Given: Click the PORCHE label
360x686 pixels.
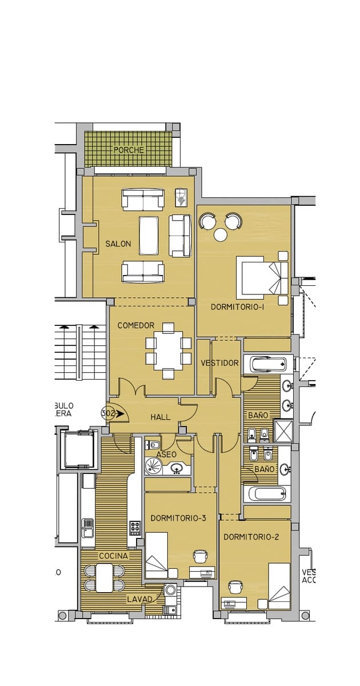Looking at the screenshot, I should point(129,150).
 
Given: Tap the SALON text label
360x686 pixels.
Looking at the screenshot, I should point(118,244).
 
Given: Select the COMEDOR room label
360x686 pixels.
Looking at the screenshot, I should point(135,325).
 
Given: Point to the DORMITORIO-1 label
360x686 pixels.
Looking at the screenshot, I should point(237,307).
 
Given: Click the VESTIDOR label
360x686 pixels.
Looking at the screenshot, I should point(219,363).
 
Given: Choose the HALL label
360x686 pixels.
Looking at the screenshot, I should point(160,417).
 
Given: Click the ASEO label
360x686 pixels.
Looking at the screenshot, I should point(166,454).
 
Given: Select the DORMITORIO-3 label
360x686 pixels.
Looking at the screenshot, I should point(178,518).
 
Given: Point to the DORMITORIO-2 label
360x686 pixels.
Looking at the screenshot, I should point(251,537).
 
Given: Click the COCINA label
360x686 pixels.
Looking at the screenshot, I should point(113,556).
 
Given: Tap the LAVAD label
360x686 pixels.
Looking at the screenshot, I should point(140,599).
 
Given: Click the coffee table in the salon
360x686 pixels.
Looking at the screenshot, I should point(150,235).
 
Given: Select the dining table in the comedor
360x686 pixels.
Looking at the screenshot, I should point(168,350).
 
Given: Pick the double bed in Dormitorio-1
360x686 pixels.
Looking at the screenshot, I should point(261,278).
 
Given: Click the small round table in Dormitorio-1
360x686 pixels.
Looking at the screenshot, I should point(221,234).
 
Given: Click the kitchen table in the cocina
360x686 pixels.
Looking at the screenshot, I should point(104,577).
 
